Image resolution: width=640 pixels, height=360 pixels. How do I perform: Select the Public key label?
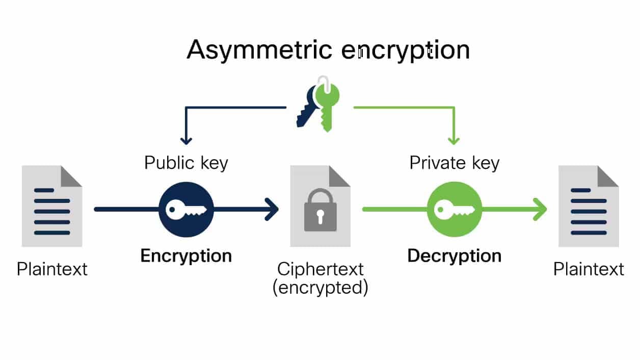pos(186,163)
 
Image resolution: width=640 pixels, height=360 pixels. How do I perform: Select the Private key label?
pos(455,163)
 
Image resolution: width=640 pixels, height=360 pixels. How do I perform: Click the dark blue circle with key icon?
pos(186,209)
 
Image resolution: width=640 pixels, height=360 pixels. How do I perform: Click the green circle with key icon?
pos(455,209)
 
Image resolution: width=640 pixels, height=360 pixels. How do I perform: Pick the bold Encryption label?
pos(186,255)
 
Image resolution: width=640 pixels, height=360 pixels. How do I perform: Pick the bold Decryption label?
pos(455,255)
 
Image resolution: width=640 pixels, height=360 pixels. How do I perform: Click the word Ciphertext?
pos(320,269)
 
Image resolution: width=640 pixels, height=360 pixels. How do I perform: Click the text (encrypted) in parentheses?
pos(320,288)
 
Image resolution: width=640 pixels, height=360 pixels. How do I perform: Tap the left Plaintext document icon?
pos(52,206)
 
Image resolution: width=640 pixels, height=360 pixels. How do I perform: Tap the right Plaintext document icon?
pos(589,206)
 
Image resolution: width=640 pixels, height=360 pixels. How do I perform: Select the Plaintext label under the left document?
pos(52,269)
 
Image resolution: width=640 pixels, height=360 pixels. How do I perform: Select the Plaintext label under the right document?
pos(589,269)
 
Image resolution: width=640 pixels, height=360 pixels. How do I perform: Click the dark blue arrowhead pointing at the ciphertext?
pos(272,209)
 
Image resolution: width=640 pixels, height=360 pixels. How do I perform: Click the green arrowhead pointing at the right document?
pos(540,209)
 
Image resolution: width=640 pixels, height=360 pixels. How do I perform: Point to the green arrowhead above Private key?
pos(454,139)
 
